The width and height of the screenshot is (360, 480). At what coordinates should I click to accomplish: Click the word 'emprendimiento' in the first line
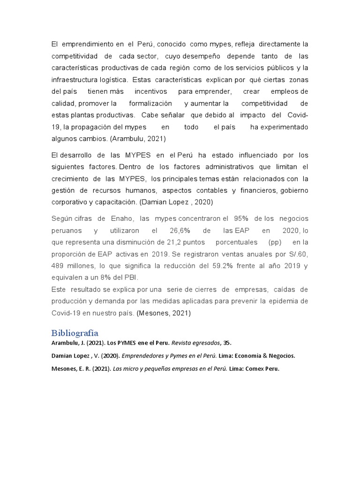(87, 44)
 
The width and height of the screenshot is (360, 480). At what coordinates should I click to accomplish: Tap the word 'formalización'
(150, 103)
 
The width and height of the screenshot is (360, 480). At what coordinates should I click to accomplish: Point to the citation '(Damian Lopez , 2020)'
(177, 202)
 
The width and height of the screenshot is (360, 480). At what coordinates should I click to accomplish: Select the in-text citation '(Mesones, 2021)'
(164, 313)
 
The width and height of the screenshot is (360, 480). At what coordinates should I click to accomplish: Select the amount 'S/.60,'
(298, 254)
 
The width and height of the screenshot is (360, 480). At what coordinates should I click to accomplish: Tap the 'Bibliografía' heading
(75, 333)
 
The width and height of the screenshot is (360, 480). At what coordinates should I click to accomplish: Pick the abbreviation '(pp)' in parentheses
(275, 242)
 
